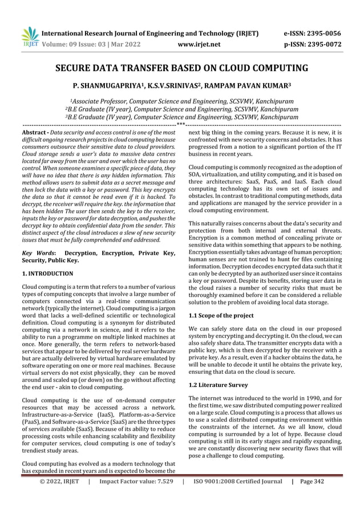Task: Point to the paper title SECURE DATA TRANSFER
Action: tap(181, 70)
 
